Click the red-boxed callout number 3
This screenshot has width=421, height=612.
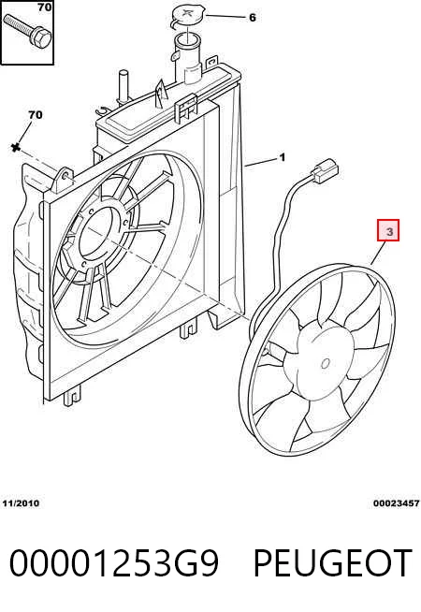tap(388, 230)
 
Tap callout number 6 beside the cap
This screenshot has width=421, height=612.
tap(252, 17)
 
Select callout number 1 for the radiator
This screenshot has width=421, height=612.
tap(283, 158)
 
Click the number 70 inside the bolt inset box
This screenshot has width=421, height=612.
tap(45, 7)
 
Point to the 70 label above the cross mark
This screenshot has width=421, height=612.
tap(36, 115)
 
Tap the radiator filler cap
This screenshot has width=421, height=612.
tap(187, 18)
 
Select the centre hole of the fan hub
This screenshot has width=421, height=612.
tap(325, 364)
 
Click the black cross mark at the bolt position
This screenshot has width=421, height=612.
tap(16, 148)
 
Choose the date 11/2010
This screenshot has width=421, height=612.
tap(21, 503)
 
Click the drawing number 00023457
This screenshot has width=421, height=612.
tap(396, 503)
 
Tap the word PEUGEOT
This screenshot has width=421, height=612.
tap(333, 562)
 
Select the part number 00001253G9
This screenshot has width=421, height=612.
tap(113, 562)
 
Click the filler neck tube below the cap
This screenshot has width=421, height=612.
tap(188, 59)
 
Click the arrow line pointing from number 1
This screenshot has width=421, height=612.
tap(261, 163)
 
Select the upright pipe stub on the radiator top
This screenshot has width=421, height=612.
tap(123, 87)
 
